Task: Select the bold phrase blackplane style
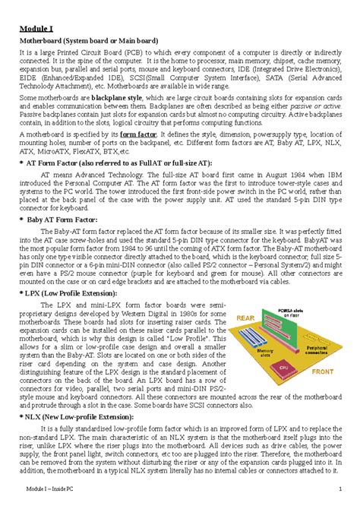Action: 122,99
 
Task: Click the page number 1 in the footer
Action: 341,488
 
